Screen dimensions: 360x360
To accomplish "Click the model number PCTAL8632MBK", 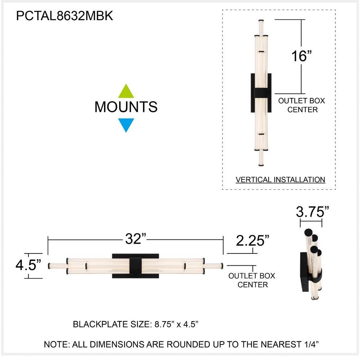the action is click(x=64, y=16).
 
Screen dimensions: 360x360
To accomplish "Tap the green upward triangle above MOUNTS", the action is click(x=126, y=91).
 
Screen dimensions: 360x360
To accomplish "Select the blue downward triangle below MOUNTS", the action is click(x=126, y=125).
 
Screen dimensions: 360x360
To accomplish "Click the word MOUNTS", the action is click(x=126, y=107).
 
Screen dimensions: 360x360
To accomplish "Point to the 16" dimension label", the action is click(x=301, y=56).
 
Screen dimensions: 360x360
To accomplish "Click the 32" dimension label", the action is click(x=135, y=239).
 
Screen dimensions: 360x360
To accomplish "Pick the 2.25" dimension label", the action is click(x=252, y=240).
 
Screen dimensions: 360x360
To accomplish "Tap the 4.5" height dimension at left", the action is click(x=28, y=265).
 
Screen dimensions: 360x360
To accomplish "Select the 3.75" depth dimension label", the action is click(x=312, y=211).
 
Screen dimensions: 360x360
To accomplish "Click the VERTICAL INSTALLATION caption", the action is click(x=280, y=180).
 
